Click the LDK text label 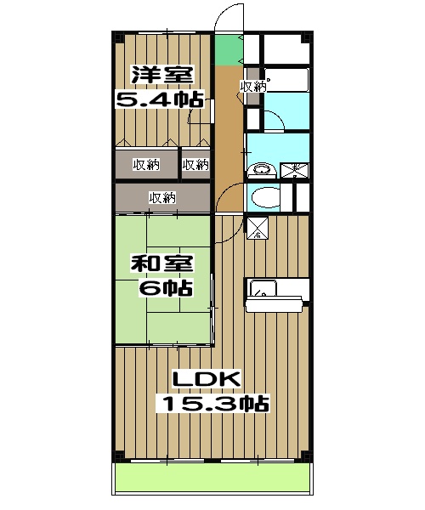(x=208, y=379)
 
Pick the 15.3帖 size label (x=212, y=402)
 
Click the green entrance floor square (x=226, y=50)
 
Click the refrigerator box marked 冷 (x=257, y=228)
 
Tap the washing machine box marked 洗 (x=295, y=168)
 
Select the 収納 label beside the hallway (x=253, y=87)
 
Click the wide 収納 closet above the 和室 (x=162, y=198)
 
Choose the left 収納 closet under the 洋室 (x=146, y=164)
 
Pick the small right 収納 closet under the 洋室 (x=195, y=164)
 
